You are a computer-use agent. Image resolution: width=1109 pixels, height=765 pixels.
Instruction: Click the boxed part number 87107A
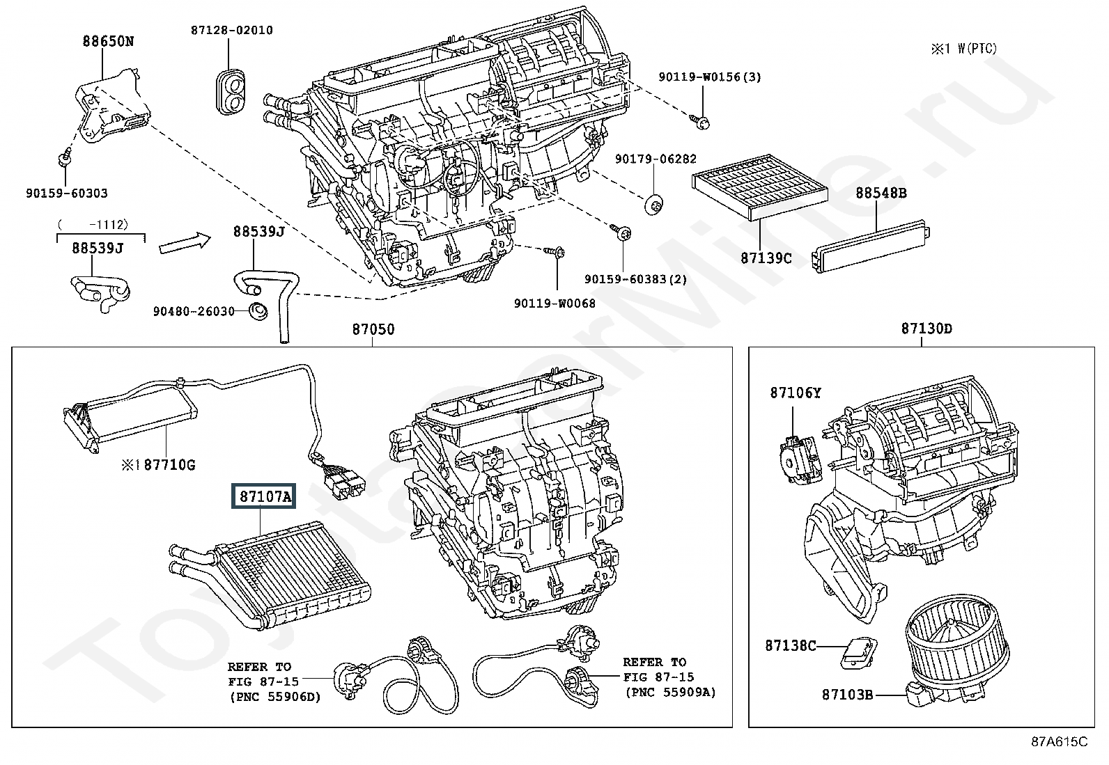point(263,496)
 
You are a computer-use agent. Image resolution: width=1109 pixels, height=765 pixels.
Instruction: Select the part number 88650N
point(108,41)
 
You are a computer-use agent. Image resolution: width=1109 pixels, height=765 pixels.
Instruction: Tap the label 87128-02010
point(232,30)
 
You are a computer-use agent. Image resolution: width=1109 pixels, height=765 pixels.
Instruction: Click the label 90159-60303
point(67,193)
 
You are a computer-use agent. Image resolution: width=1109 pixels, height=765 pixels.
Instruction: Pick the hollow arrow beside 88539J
point(185,242)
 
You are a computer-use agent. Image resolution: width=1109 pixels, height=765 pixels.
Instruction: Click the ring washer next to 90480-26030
point(258,310)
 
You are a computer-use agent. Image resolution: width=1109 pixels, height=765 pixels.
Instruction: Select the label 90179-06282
point(656,159)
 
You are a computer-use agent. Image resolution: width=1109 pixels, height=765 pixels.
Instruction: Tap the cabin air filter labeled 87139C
point(759,187)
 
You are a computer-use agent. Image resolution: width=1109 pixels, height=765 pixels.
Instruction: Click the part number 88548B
point(881,193)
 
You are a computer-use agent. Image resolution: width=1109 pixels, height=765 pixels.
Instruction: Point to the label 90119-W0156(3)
point(709,77)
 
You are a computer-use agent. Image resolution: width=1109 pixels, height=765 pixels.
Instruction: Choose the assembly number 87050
point(373,329)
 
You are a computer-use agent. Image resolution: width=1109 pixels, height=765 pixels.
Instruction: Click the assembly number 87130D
point(926,329)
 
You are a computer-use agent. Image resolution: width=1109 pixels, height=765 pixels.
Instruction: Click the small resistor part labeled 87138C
point(858,653)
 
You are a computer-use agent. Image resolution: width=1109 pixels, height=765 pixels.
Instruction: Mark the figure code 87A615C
point(1060,742)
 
